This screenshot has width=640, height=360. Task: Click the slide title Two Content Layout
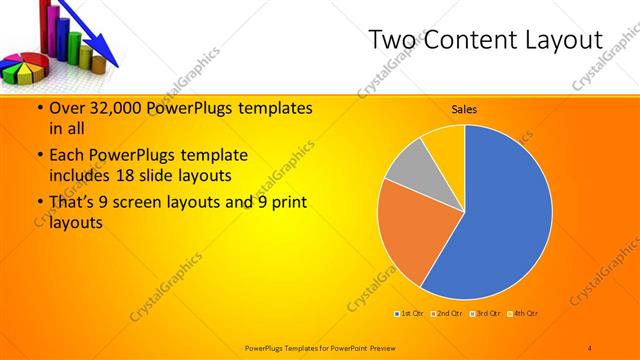(x=485, y=39)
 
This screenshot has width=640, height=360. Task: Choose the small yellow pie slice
(x=444, y=141)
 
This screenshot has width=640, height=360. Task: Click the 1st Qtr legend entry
(x=410, y=314)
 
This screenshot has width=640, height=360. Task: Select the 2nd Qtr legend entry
(x=448, y=314)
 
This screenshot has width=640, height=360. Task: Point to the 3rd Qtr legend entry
(x=486, y=314)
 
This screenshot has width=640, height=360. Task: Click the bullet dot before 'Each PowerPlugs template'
(x=39, y=156)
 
